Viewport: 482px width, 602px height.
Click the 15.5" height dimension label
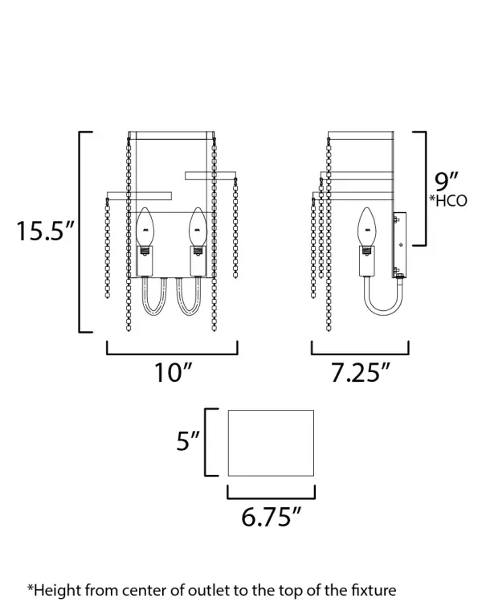45,231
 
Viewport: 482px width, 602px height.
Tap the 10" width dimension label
173,372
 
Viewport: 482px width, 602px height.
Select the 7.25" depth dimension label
360,372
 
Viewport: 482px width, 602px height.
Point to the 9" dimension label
447,182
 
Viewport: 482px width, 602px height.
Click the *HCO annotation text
447,201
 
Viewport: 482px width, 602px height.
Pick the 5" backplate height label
188,440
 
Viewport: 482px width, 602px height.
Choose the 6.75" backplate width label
271,516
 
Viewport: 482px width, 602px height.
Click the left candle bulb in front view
145,227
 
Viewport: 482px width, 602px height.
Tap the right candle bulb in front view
198,227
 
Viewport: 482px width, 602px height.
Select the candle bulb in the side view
367,227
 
